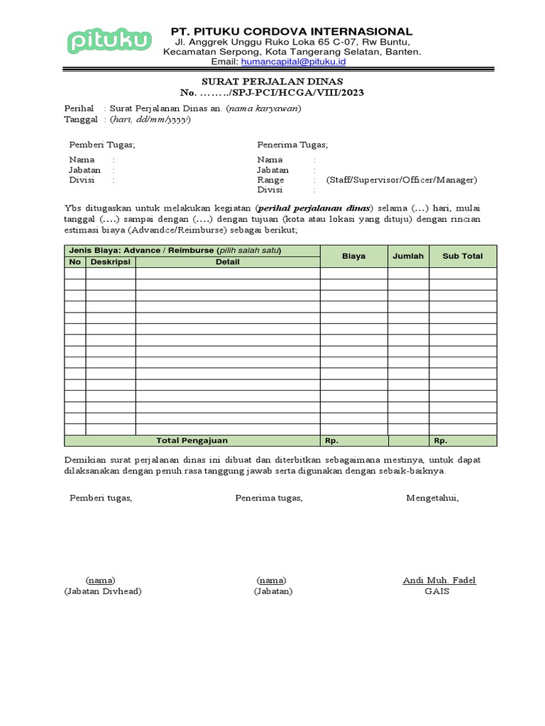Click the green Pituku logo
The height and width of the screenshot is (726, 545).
click(109, 41)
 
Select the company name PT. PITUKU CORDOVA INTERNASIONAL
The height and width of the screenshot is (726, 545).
click(291, 31)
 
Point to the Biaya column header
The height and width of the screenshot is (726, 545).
click(353, 256)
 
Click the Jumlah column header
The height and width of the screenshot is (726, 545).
click(408, 256)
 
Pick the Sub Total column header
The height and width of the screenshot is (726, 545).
click(463, 256)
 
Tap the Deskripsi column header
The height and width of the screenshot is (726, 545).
click(111, 262)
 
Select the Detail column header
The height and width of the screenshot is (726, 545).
click(228, 262)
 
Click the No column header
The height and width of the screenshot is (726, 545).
click(75, 262)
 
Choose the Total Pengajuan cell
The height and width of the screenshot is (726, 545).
click(192, 440)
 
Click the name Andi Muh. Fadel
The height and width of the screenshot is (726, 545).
click(439, 581)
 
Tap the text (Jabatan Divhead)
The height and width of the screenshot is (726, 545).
click(102, 591)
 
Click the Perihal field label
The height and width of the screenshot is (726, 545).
click(79, 108)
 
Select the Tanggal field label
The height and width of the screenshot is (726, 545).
click(81, 119)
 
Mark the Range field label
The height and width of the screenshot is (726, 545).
click(270, 180)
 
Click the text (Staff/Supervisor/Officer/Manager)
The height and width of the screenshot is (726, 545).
click(402, 180)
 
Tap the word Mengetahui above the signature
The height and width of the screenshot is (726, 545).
click(432, 498)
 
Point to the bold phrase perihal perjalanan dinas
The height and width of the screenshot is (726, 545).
click(313, 208)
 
